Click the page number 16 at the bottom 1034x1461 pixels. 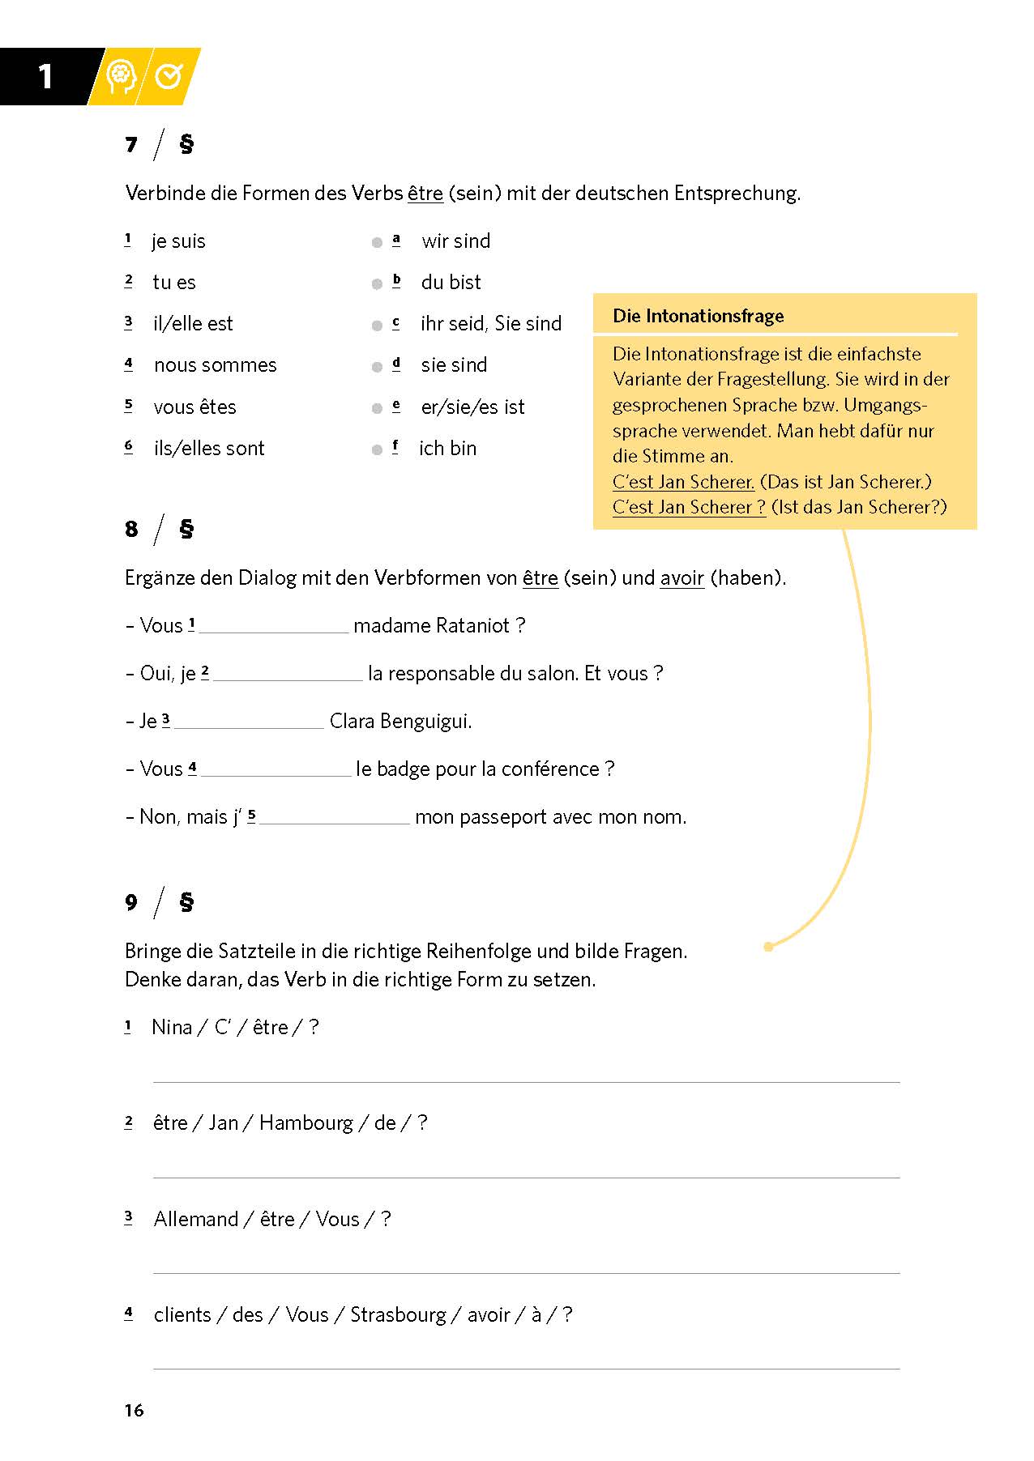pos(134,1410)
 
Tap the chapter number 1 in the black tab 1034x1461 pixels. pos(45,77)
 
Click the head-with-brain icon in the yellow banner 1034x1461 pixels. pos(122,77)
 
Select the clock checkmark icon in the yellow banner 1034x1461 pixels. pos(169,77)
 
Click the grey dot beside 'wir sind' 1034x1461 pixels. pos(377,242)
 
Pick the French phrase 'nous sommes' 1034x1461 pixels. pos(215,365)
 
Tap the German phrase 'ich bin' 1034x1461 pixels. pos(447,449)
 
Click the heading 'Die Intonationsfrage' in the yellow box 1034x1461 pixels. pos(698,316)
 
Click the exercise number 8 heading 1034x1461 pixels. pos(132,530)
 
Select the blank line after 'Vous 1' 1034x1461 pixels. pos(273,627)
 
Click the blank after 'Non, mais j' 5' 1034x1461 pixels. pos(334,818)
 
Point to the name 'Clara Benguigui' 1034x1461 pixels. pos(400,721)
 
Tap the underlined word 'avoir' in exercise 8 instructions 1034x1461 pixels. pos(681,578)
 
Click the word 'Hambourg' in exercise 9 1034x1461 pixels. pos(306,1122)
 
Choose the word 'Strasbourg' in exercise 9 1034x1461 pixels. pos(398,1314)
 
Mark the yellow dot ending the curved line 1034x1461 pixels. pos(768,947)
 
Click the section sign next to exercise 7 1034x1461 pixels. pos(186,144)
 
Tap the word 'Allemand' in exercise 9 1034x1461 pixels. pos(196,1219)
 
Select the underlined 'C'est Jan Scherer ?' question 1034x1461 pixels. pos(689,507)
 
